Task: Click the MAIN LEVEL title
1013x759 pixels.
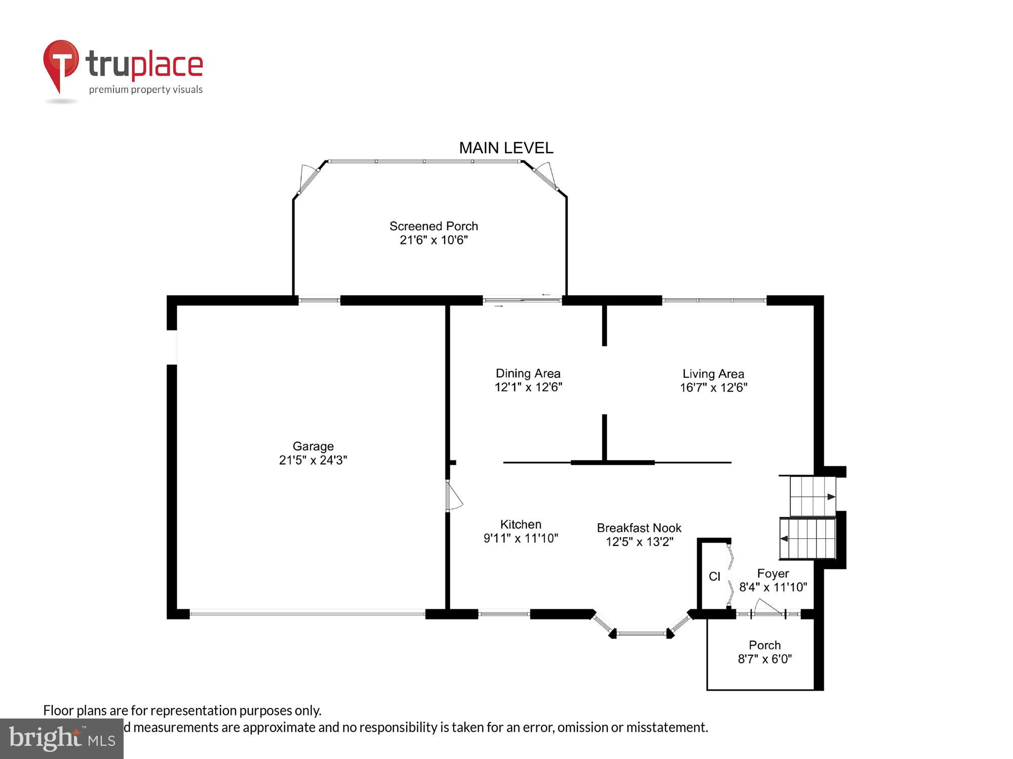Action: pyautogui.click(x=505, y=148)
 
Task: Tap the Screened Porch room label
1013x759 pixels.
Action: pyautogui.click(x=434, y=226)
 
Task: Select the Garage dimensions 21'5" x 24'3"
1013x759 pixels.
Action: pyautogui.click(x=313, y=460)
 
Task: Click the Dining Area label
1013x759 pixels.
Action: pyautogui.click(x=528, y=373)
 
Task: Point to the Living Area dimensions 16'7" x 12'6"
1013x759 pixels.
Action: pyautogui.click(x=713, y=388)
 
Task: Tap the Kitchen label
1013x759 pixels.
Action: pyautogui.click(x=521, y=524)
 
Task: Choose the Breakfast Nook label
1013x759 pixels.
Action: pyautogui.click(x=639, y=528)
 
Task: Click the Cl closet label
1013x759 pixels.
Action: pyautogui.click(x=714, y=576)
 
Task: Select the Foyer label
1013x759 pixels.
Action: pyautogui.click(x=772, y=573)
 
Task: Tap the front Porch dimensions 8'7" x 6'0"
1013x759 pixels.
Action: pyautogui.click(x=764, y=659)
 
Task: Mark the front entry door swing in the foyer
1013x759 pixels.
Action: pyautogui.click(x=767, y=608)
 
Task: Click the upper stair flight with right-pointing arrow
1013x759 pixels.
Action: pyautogui.click(x=812, y=496)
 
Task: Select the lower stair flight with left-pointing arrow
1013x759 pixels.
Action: pyautogui.click(x=807, y=538)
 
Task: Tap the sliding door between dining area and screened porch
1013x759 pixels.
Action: pyautogui.click(x=522, y=301)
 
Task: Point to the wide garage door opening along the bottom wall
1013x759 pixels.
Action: pyautogui.click(x=307, y=614)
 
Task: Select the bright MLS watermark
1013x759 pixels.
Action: pyautogui.click(x=62, y=739)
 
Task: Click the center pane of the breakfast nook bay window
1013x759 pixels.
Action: pyautogui.click(x=641, y=632)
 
